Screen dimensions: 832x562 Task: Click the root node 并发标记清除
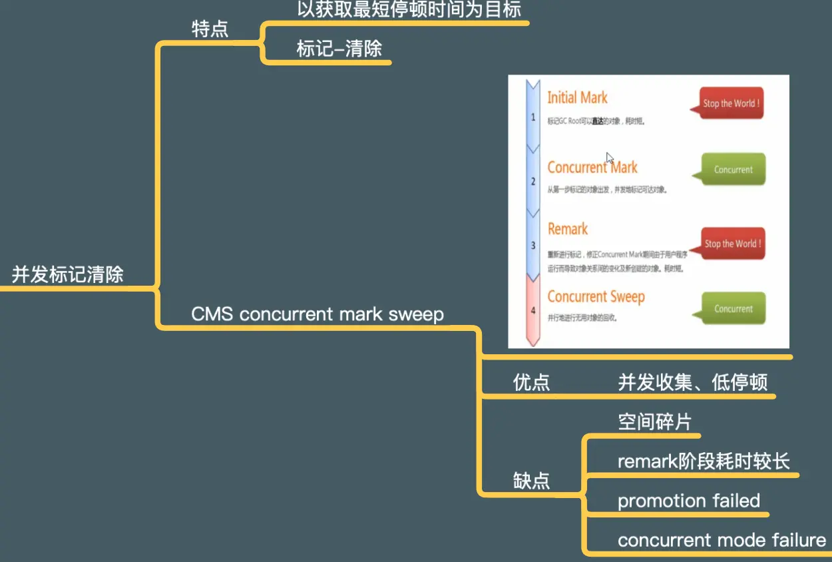pos(67,274)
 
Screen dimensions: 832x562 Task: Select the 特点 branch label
pos(210,29)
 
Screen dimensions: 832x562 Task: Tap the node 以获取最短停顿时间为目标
pos(409,9)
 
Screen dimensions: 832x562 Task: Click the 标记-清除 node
pos(339,49)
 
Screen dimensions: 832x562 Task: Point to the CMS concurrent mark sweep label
pos(317,314)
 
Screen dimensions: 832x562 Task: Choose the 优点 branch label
pos(531,382)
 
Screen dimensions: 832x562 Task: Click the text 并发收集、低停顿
pos(692,382)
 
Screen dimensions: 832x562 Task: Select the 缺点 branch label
pos(531,481)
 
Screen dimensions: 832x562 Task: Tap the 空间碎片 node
pos(654,422)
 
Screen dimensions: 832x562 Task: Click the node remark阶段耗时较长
pos(704,461)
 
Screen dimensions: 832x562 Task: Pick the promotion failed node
pos(688,501)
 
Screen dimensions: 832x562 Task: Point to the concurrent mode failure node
pos(722,540)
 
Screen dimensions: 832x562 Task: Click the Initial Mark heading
pos(577,98)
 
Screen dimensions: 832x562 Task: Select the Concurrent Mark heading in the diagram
pos(592,167)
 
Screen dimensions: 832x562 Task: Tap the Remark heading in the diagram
pos(568,229)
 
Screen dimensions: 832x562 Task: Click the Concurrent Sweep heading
pos(596,297)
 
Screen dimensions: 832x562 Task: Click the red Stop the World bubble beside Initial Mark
pos(731,103)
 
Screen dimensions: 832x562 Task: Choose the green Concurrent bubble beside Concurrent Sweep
pos(733,309)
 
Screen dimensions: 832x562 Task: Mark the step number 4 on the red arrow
pos(532,310)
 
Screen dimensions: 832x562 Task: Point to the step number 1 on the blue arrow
pos(532,117)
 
